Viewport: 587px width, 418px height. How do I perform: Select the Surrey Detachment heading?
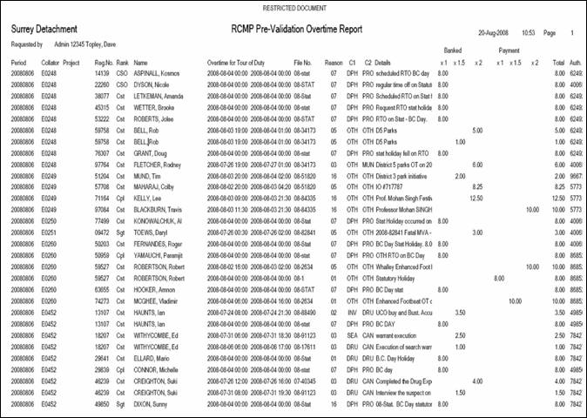(x=44, y=30)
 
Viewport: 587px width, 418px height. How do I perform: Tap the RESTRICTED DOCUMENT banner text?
(x=293, y=6)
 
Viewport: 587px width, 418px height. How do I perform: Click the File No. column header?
(x=303, y=63)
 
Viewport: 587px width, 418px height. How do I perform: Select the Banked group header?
(x=453, y=51)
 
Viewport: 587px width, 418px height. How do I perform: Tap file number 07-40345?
(x=303, y=381)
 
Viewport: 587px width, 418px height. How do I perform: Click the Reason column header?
(x=334, y=63)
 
